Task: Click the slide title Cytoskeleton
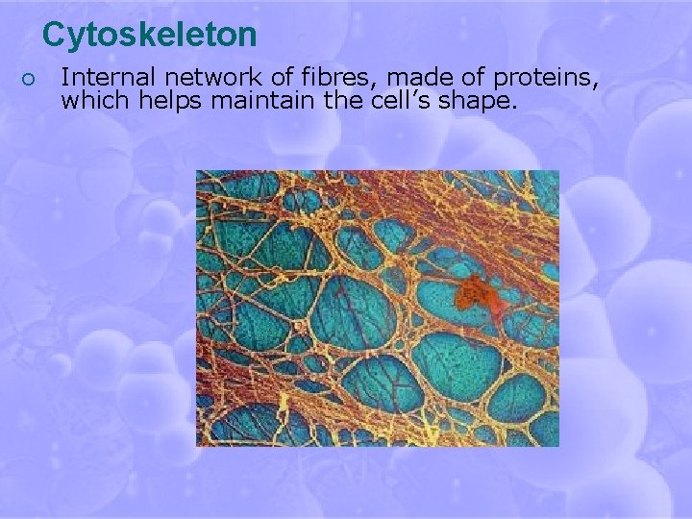[x=149, y=35]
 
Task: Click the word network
[x=200, y=78]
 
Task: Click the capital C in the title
[x=54, y=35]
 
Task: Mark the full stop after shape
[x=513, y=106]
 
